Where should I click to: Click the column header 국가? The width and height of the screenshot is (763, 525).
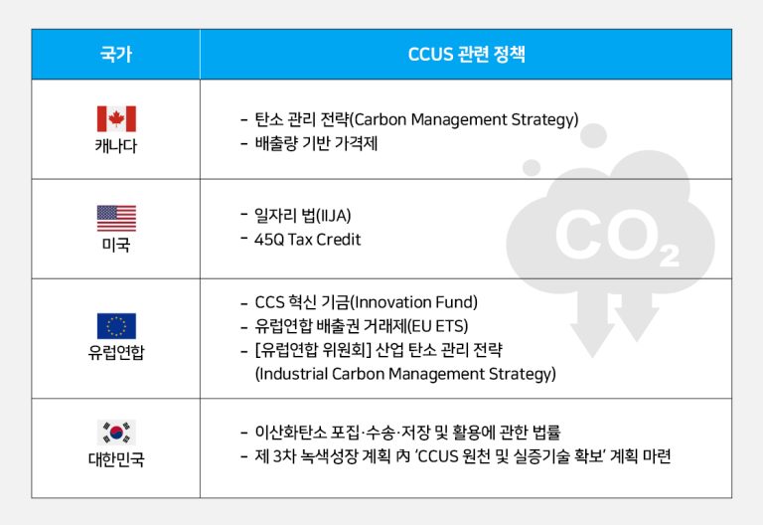(115, 55)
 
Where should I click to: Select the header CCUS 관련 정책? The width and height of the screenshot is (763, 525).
(467, 55)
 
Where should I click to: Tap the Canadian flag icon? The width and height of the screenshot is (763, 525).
(116, 119)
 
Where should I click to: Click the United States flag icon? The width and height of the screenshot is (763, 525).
(116, 218)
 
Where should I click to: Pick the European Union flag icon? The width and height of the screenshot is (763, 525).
(116, 326)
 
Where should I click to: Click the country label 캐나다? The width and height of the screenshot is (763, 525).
(116, 146)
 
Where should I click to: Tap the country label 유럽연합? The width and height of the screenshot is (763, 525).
(116, 353)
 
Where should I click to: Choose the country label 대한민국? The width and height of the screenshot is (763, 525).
(116, 460)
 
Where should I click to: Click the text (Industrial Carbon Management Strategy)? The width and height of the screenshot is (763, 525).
(405, 374)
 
